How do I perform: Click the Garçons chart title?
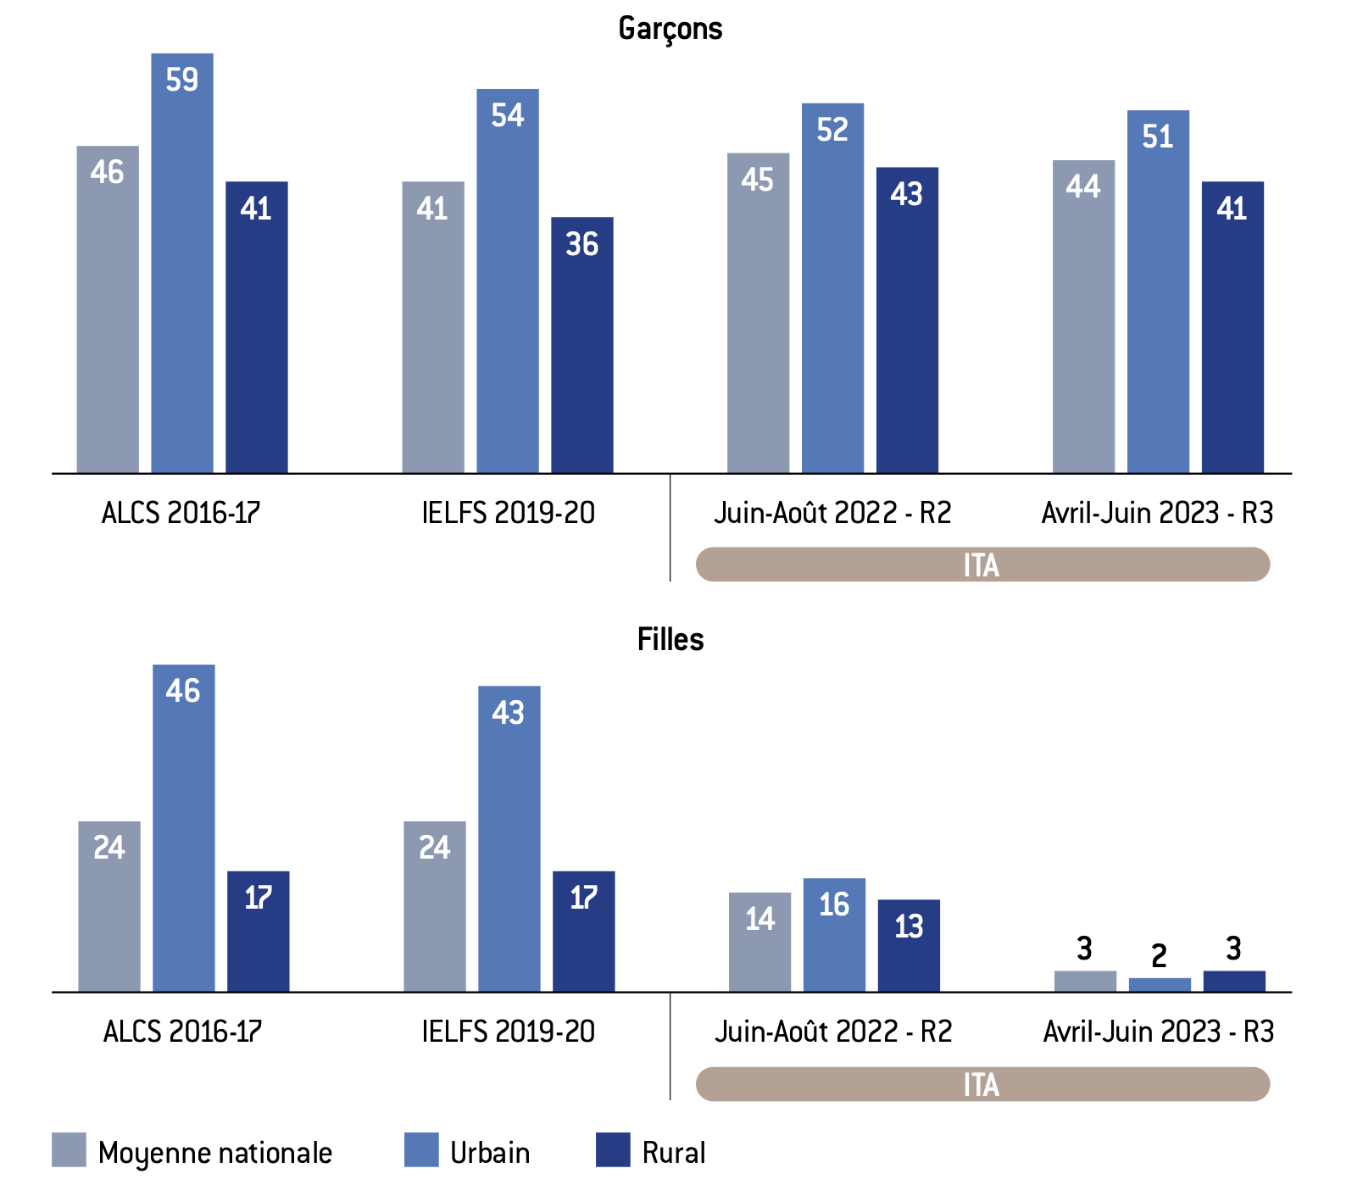670,29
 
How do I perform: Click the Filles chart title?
670,639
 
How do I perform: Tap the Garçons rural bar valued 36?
582,348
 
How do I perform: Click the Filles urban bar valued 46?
184,831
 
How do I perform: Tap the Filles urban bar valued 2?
1160,985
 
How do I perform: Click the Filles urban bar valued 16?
834,936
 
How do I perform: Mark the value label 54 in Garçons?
508,115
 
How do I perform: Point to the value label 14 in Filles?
759,919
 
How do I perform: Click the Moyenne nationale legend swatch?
69,1150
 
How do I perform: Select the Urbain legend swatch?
421,1150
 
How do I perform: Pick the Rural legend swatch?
613,1150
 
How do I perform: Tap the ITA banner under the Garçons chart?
982,565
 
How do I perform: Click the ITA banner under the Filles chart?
982,1084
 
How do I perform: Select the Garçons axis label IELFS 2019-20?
508,513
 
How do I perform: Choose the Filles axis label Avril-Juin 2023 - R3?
1158,1032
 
